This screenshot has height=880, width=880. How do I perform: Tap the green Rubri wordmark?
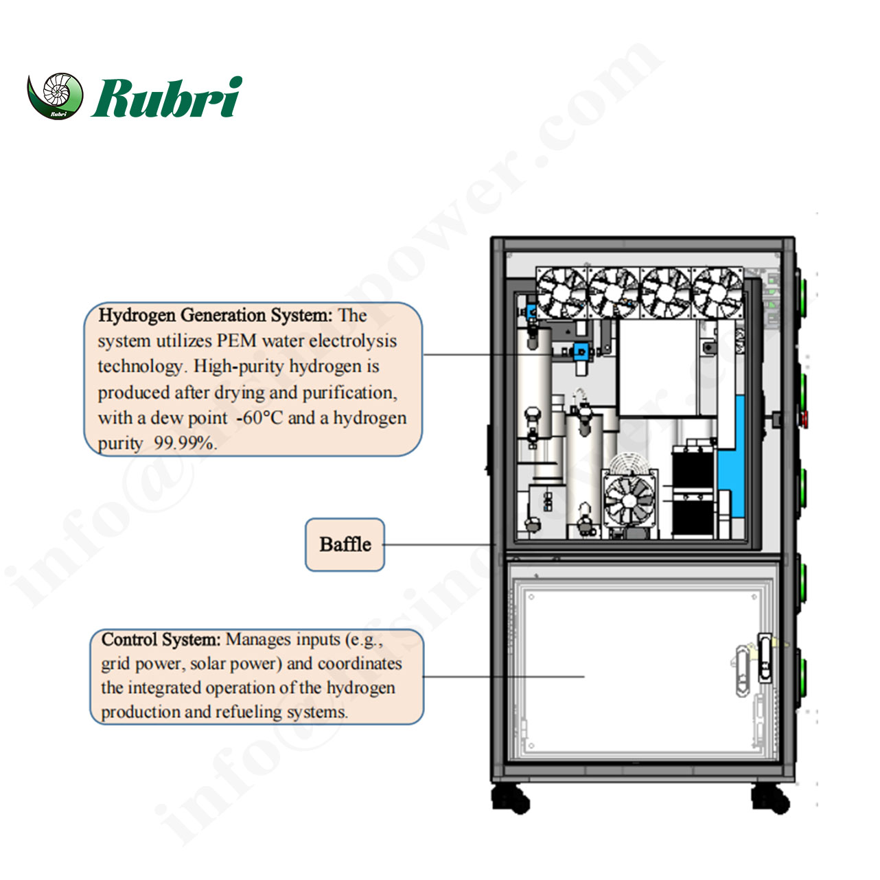(167, 97)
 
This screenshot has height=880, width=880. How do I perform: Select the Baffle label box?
(345, 545)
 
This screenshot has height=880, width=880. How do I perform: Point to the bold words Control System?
(161, 640)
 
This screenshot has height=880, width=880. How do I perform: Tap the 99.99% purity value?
(185, 443)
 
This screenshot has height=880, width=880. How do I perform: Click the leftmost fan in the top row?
(561, 292)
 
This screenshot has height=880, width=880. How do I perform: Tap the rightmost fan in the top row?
(717, 292)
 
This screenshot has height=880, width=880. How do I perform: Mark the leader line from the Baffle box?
(439, 545)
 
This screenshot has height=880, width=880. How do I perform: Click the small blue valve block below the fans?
(581, 351)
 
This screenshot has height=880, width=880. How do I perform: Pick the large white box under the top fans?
(657, 367)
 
